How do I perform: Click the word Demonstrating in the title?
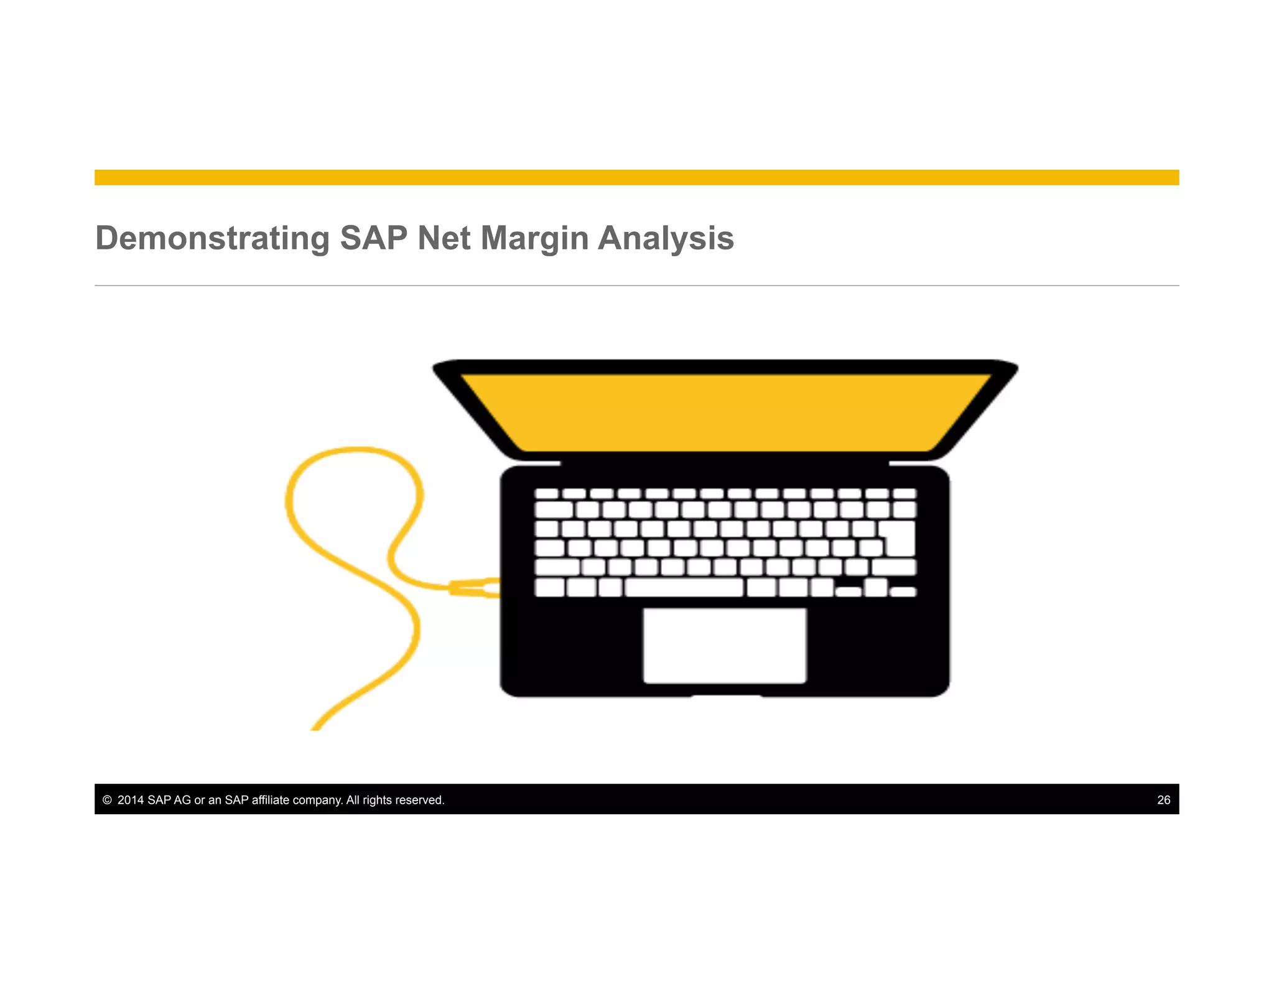click(212, 238)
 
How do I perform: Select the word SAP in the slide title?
click(373, 238)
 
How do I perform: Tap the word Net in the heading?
click(444, 238)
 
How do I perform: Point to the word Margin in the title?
click(534, 238)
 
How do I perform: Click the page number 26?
click(1163, 800)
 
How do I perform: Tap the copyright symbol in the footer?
click(107, 800)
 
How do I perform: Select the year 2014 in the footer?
click(131, 800)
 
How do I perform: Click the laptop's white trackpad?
click(725, 646)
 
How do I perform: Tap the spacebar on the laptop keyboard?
click(684, 587)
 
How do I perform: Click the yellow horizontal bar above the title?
click(636, 177)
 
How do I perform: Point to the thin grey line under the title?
click(636, 285)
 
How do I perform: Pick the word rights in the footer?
click(376, 800)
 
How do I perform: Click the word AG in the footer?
click(182, 800)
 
